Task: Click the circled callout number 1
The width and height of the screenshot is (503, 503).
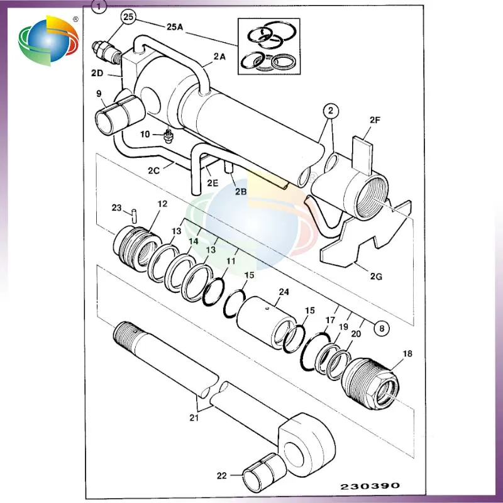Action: point(97,8)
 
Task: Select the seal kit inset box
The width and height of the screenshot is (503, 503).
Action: point(268,46)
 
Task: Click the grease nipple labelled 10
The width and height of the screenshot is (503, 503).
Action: point(167,135)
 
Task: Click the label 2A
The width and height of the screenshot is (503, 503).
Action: point(219,57)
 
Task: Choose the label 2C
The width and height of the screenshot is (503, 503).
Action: point(155,170)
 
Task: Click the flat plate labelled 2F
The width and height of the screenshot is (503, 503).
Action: point(363,150)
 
